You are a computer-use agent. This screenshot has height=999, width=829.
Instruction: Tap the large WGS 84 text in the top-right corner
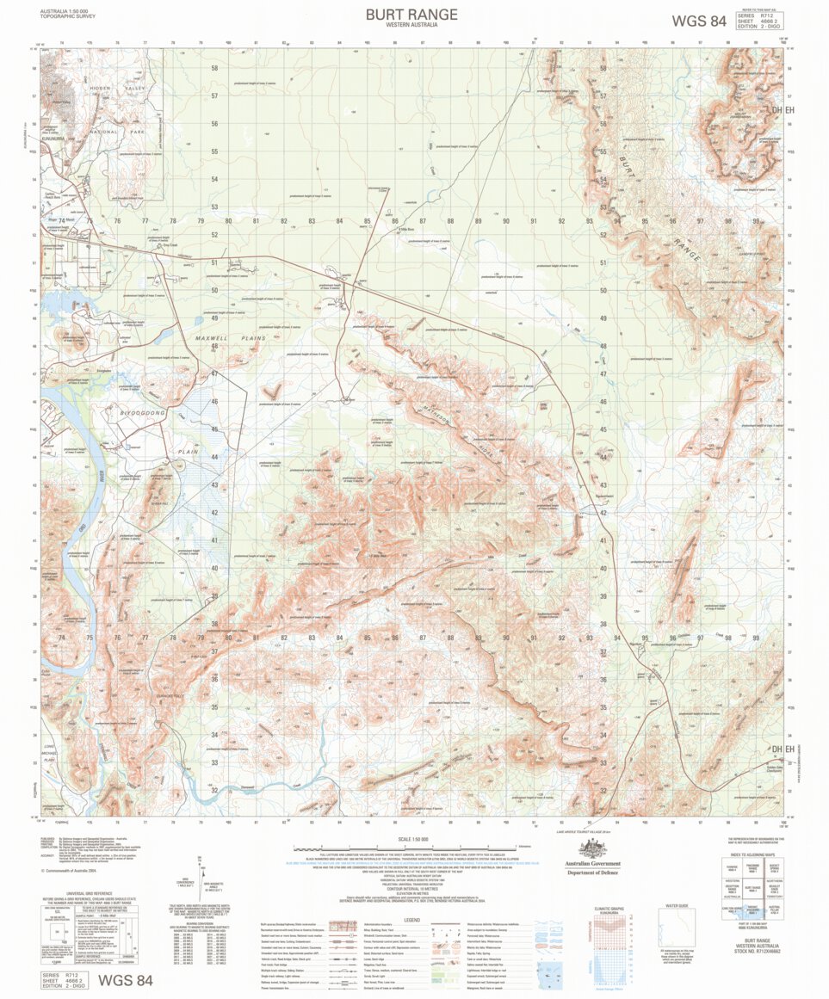click(x=698, y=21)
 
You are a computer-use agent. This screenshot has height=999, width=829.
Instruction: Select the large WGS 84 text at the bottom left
click(x=126, y=980)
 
